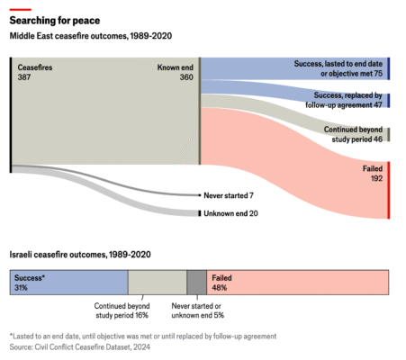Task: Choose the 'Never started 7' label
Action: point(229,194)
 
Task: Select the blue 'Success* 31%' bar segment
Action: point(68,283)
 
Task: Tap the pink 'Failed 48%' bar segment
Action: point(297,283)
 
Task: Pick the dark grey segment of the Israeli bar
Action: point(196,283)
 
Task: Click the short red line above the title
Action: point(19,7)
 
